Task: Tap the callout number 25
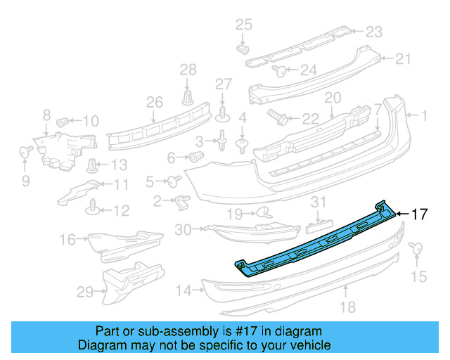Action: [x=243, y=25]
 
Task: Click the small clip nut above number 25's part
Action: [x=243, y=50]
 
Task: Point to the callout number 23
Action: [x=373, y=32]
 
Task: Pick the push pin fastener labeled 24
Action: [x=278, y=70]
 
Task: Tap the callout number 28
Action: [x=188, y=70]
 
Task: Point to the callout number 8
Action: [x=46, y=115]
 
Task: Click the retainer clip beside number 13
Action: [x=92, y=166]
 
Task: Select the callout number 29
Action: [x=85, y=291]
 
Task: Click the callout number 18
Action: [x=346, y=306]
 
